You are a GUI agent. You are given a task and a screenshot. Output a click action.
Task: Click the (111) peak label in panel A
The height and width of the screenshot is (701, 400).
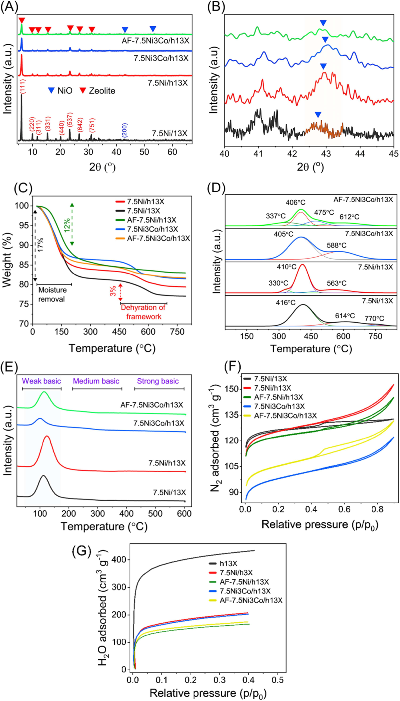(x=23, y=86)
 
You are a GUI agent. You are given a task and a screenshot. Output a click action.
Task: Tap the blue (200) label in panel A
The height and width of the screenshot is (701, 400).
(x=124, y=130)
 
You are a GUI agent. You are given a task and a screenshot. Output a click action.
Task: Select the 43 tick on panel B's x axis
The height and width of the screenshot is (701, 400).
(x=326, y=154)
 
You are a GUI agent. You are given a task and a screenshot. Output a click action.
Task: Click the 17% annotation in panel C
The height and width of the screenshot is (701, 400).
(x=40, y=245)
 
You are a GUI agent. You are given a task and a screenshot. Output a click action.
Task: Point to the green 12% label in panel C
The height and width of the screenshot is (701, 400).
(x=67, y=225)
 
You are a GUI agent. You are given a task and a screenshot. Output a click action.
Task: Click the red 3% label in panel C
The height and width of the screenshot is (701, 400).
(x=113, y=291)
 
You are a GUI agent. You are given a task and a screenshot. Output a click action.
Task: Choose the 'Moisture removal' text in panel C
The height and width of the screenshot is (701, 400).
(x=52, y=294)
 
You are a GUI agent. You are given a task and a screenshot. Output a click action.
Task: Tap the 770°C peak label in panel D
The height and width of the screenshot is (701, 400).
(x=374, y=318)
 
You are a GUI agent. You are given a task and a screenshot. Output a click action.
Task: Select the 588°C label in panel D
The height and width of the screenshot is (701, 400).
(x=336, y=245)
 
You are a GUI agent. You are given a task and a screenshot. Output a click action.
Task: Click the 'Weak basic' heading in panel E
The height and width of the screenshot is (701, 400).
(x=41, y=381)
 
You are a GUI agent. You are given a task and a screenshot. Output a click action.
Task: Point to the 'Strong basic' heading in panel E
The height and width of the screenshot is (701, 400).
(x=158, y=381)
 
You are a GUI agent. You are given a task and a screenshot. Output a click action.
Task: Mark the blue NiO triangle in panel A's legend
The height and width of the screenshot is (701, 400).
(x=51, y=90)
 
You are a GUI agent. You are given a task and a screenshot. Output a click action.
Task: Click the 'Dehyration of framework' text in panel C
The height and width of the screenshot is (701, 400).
(x=143, y=312)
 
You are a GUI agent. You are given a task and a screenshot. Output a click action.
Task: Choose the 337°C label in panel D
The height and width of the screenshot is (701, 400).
(x=276, y=216)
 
